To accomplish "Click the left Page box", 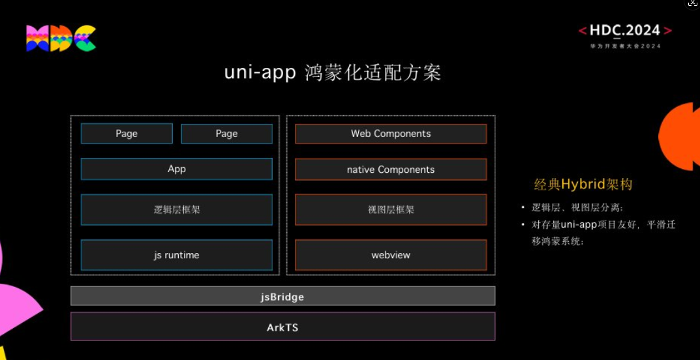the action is [x=127, y=134].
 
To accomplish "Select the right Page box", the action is [x=226, y=134].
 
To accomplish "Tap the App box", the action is [x=177, y=169].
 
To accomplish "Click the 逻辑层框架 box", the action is [x=177, y=210].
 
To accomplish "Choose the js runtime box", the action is [x=177, y=255].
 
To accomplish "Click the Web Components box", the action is [x=391, y=134].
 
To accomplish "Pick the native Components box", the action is [x=391, y=170].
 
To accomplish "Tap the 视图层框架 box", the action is [x=391, y=210].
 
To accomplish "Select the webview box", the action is [x=391, y=255].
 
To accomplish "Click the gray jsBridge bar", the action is [x=282, y=296].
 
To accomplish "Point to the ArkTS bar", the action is [x=282, y=327].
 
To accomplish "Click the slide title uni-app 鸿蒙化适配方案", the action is [x=333, y=72].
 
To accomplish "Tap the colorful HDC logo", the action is [x=61, y=38].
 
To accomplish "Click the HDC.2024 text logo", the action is [x=624, y=31].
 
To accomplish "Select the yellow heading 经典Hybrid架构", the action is [x=583, y=185].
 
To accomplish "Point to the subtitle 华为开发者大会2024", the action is [x=626, y=46].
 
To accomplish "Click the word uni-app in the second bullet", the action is [x=579, y=225].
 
